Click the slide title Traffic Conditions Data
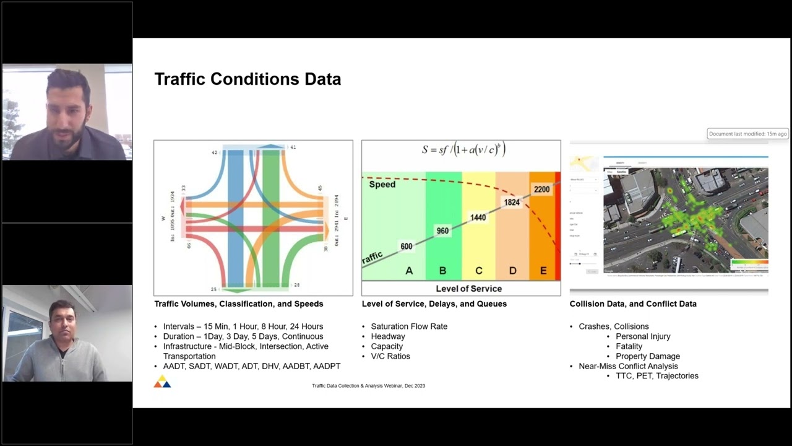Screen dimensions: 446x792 tap(247, 79)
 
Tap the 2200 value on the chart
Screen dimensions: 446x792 tap(541, 189)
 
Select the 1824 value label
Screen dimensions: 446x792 tap(512, 203)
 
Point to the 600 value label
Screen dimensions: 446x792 tap(406, 246)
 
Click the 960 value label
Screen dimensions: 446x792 tap(442, 231)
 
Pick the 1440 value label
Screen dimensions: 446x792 tap(478, 217)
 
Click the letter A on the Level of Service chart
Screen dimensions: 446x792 tap(408, 271)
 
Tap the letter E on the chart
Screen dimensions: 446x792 tap(543, 271)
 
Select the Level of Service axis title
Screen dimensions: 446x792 tap(468, 289)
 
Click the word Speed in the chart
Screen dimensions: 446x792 tap(382, 184)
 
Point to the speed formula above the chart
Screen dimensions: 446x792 tap(464, 149)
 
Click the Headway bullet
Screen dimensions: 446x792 tap(388, 336)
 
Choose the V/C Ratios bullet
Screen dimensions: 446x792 tap(390, 356)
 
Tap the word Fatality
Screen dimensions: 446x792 tap(629, 346)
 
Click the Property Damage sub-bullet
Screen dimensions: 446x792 tap(647, 356)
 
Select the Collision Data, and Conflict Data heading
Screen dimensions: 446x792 tap(633, 304)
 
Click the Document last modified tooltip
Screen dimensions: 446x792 tap(747, 134)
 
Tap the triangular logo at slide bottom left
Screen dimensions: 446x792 tap(162, 382)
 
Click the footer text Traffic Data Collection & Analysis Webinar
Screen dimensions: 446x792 tap(368, 386)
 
